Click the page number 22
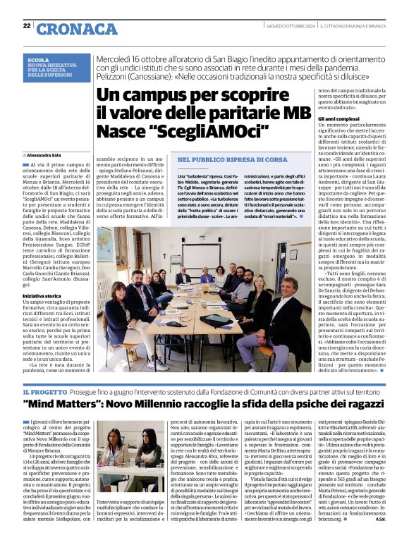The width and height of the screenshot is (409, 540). tap(26, 25)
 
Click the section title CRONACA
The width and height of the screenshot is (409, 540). tap(67, 28)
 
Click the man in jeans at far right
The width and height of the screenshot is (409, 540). tap(286, 317)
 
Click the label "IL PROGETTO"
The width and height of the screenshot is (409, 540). tap(44, 391)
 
